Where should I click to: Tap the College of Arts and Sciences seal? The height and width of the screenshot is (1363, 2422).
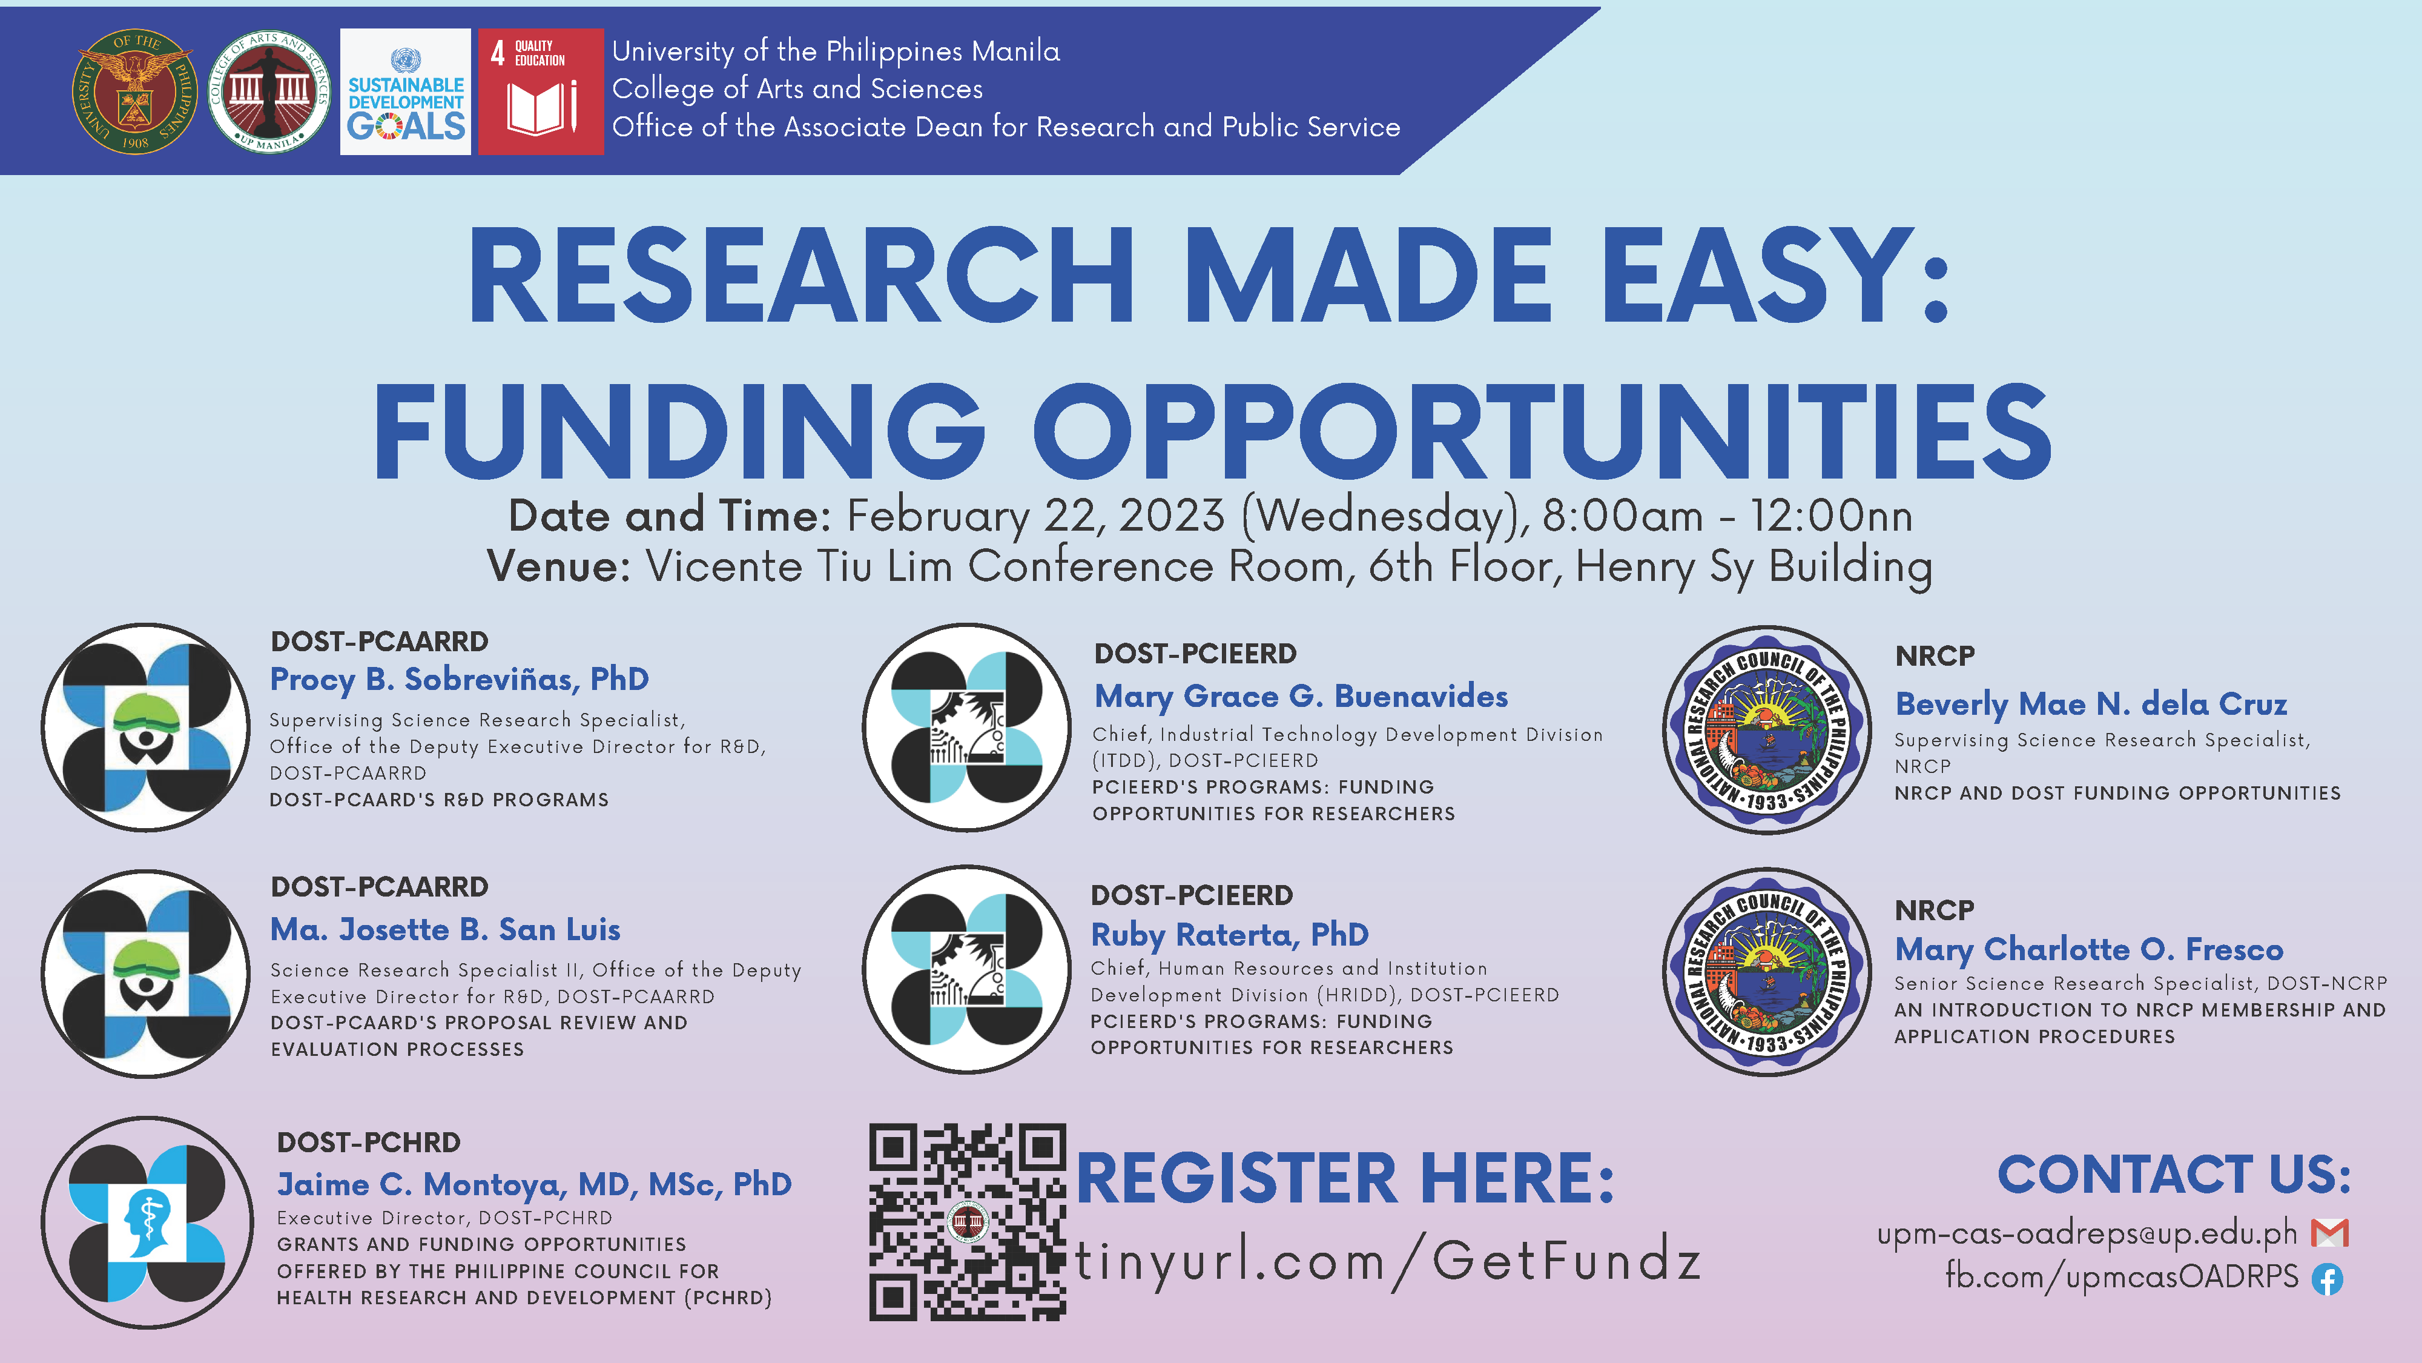(269, 90)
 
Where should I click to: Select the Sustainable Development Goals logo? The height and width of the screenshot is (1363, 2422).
(405, 91)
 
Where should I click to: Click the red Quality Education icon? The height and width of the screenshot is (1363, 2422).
(541, 91)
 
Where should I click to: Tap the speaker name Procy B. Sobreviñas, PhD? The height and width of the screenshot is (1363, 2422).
(459, 679)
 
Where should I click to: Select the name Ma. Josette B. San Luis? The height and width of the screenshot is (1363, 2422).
(444, 929)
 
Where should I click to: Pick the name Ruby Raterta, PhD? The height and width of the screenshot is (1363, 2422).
(1229, 935)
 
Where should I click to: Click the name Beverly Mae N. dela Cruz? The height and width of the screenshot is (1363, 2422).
(2090, 703)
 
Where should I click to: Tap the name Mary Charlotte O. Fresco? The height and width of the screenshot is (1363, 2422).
(2088, 950)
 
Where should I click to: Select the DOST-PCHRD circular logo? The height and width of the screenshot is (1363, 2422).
(147, 1222)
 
